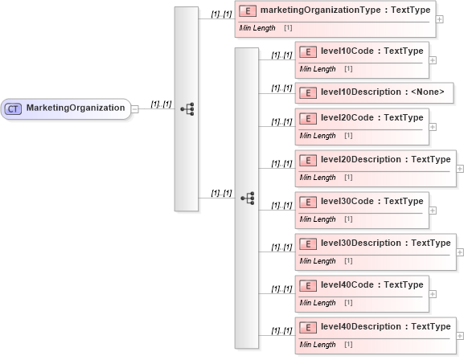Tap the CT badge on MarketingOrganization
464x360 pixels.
pyautogui.click(x=14, y=108)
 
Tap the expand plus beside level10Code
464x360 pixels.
pyautogui.click(x=433, y=59)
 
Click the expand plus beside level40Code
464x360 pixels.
pyautogui.click(x=433, y=294)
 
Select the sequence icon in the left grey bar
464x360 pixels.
pyautogui.click(x=186, y=108)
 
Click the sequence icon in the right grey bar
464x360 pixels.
pyautogui.click(x=246, y=197)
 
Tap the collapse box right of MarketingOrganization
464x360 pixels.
pyautogui.click(x=135, y=108)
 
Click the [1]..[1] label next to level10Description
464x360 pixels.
pyautogui.click(x=281, y=88)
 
